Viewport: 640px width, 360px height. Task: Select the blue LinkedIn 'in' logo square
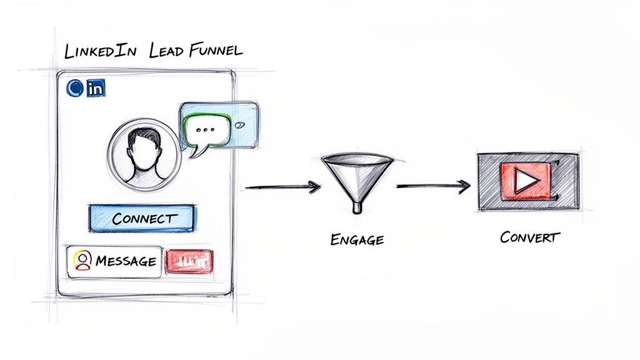point(96,89)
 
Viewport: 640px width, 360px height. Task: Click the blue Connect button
point(143,219)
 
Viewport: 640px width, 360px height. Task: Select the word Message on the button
point(126,261)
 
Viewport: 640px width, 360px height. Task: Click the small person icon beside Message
point(81,261)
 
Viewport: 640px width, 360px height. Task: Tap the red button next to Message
point(189,262)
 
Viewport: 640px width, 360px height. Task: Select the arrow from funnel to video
point(432,185)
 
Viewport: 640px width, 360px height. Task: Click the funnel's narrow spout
point(357,205)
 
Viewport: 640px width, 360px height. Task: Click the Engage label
point(357,239)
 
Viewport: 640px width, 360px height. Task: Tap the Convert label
point(530,237)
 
